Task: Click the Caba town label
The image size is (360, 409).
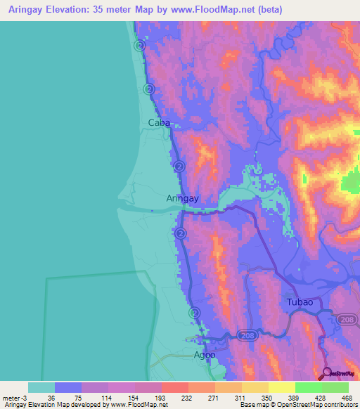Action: tap(160, 122)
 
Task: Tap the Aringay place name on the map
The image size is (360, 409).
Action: tap(183, 198)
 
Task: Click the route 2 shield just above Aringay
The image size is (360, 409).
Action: tap(179, 167)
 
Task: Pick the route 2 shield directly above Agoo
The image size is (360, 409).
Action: tap(194, 312)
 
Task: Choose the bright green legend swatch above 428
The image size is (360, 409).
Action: tap(308, 387)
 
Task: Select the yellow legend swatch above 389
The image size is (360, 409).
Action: tap(281, 387)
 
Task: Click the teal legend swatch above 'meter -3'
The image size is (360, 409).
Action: tap(41, 387)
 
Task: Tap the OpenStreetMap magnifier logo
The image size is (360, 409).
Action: tap(328, 373)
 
